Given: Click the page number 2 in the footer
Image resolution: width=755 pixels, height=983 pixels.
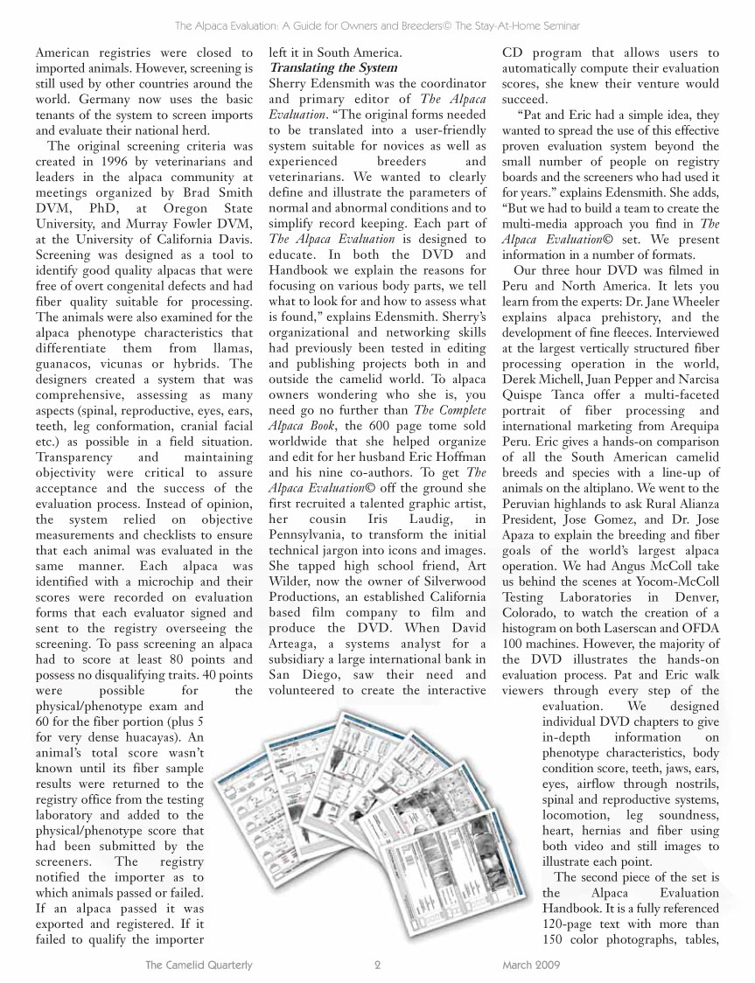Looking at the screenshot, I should pyautogui.click(x=377, y=965).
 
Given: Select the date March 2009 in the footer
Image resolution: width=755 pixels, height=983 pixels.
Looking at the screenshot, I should pyautogui.click(x=531, y=965).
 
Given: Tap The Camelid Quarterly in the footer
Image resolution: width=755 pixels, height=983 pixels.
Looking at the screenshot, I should pyautogui.click(x=199, y=965).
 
